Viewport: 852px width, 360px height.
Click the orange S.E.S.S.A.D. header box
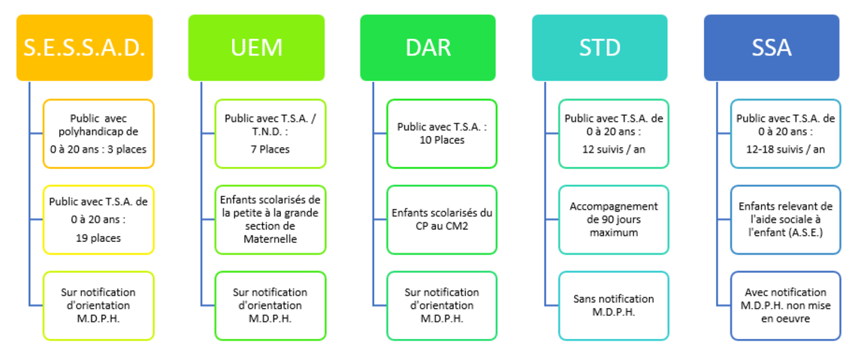pyautogui.click(x=84, y=48)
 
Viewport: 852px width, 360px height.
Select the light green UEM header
pyautogui.click(x=256, y=48)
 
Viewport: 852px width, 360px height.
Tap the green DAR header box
pyautogui.click(x=428, y=48)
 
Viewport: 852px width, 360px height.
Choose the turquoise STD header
pyautogui.click(x=600, y=48)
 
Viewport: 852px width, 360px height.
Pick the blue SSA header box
pyautogui.click(x=772, y=48)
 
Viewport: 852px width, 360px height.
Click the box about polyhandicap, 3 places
pyautogui.click(x=99, y=134)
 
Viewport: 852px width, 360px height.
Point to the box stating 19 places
pyautogui.click(x=99, y=219)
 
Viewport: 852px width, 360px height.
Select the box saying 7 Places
pyautogui.click(x=270, y=134)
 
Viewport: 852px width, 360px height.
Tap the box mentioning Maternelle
pyautogui.click(x=270, y=219)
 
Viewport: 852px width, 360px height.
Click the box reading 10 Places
pyautogui.click(x=443, y=134)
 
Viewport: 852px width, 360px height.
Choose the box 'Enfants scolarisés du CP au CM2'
pyautogui.click(x=443, y=219)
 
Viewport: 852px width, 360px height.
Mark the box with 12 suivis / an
pyautogui.click(x=614, y=134)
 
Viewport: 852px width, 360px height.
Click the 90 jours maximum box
pyautogui.click(x=614, y=219)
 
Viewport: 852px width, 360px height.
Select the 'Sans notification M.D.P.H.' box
pyautogui.click(x=614, y=306)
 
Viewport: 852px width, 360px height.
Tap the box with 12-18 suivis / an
pyautogui.click(x=786, y=134)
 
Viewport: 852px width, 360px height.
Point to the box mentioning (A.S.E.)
pyautogui.click(x=786, y=219)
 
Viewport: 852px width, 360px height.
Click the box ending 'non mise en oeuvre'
pyautogui.click(x=786, y=306)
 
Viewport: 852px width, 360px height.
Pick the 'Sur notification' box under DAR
pyautogui.click(x=443, y=306)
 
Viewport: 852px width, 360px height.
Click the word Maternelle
pyautogui.click(x=270, y=238)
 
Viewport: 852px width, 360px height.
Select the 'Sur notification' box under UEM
pyautogui.click(x=270, y=306)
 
